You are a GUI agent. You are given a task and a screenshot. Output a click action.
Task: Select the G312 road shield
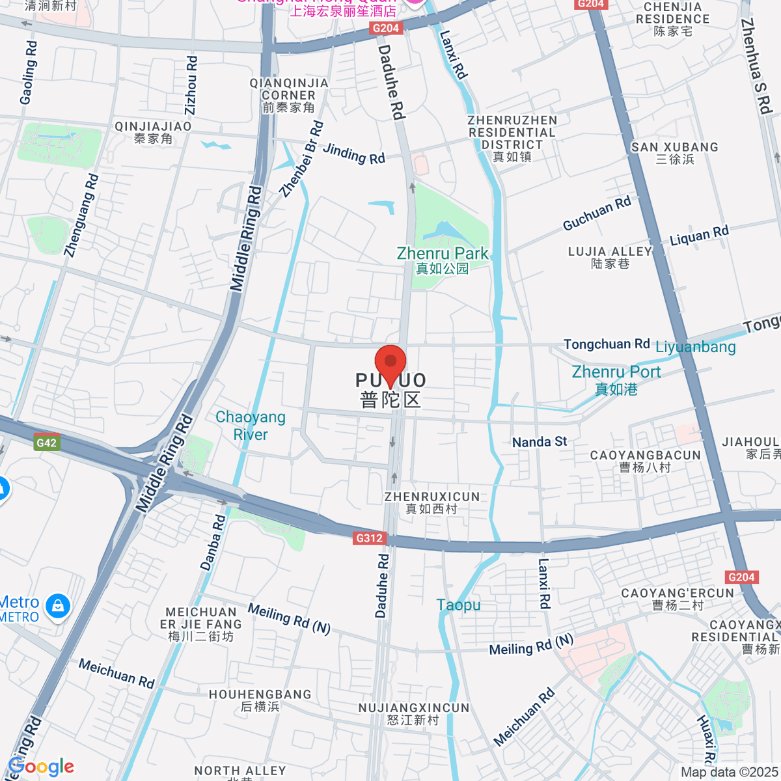[370, 538]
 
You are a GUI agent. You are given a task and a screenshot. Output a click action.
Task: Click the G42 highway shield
[47, 443]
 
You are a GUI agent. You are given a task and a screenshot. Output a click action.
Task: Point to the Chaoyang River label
[251, 426]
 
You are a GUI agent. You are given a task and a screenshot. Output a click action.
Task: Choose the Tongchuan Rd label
[607, 344]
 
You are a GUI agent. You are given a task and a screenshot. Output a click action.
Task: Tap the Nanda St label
[540, 442]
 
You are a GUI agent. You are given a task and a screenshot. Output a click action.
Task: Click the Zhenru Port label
[616, 380]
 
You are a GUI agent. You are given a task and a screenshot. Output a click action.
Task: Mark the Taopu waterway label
[459, 605]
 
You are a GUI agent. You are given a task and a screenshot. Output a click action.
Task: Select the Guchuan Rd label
[597, 213]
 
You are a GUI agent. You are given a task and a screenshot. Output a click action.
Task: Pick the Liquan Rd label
[700, 235]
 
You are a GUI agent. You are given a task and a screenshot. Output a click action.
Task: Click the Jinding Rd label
[354, 154]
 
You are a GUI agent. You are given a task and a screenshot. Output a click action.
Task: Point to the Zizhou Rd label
[191, 85]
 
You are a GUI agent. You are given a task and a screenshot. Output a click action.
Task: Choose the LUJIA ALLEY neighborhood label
[610, 257]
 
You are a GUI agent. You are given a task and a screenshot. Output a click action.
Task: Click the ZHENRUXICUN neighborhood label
[432, 502]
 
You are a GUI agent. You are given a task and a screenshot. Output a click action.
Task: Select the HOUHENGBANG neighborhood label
[260, 700]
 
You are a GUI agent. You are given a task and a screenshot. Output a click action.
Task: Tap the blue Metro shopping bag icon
[58, 606]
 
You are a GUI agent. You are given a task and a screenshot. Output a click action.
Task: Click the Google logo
[41, 767]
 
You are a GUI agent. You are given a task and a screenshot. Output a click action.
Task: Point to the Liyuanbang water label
[695, 347]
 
